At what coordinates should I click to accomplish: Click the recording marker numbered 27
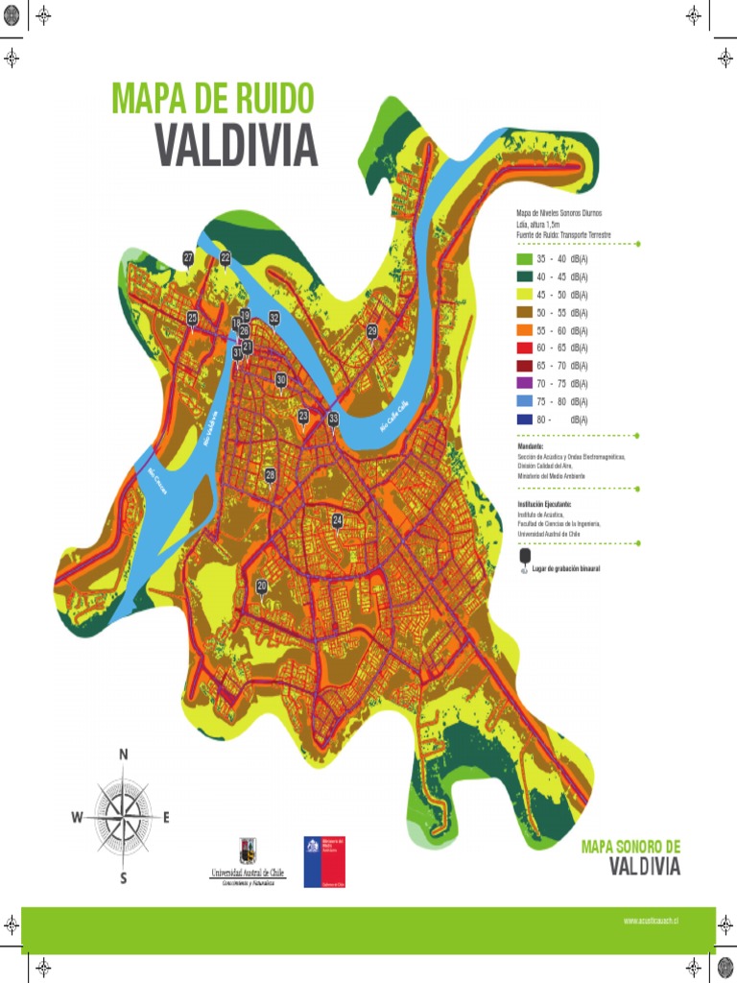[188, 258]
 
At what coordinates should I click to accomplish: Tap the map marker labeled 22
[226, 258]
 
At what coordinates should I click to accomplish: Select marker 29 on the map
[372, 331]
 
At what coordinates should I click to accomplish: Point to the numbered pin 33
[333, 420]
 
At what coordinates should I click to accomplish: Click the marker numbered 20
[262, 587]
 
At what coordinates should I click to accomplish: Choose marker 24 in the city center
[337, 520]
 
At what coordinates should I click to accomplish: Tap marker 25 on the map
[192, 319]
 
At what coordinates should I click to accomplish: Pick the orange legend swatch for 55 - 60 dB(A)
[524, 330]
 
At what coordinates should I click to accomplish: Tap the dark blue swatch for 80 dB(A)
[524, 420]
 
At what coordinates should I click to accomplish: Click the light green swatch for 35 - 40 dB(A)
[524, 259]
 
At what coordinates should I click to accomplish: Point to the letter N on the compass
[123, 755]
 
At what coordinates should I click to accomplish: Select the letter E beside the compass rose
[166, 818]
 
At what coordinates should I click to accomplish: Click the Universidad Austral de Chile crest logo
[248, 850]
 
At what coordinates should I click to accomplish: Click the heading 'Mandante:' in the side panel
[530, 447]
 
